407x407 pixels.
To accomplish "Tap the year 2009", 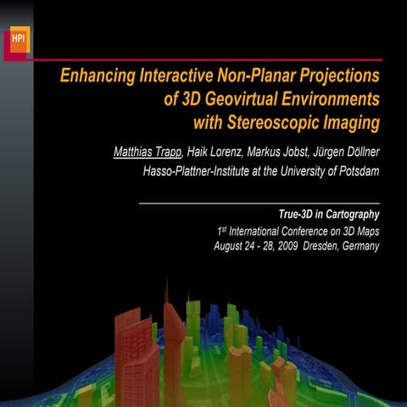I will point(289,247).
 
